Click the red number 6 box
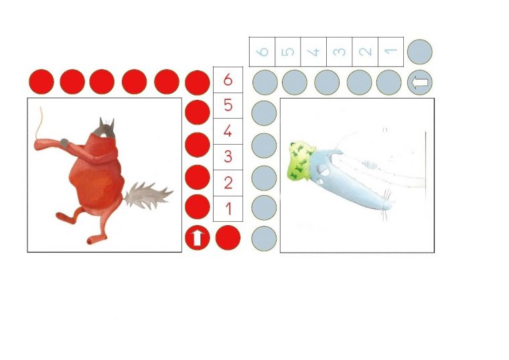[x=228, y=80]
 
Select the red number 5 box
[x=228, y=106]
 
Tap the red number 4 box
[x=228, y=131]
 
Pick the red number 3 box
[x=228, y=158]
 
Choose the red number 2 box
[x=228, y=183]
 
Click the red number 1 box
[x=228, y=209]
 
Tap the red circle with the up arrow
[x=198, y=238]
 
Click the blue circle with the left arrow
[x=420, y=82]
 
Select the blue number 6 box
[x=262, y=52]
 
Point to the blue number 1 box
[x=391, y=52]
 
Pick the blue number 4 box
[x=313, y=52]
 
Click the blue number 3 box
[x=340, y=52]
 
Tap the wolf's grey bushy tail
[x=148, y=196]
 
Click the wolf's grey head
[x=104, y=129]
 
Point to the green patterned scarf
[x=301, y=160]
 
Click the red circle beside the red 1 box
[x=198, y=207]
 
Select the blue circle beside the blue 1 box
[x=420, y=52]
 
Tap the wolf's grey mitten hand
[x=64, y=143]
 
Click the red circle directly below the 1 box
[x=228, y=238]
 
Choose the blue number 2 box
[x=365, y=52]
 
